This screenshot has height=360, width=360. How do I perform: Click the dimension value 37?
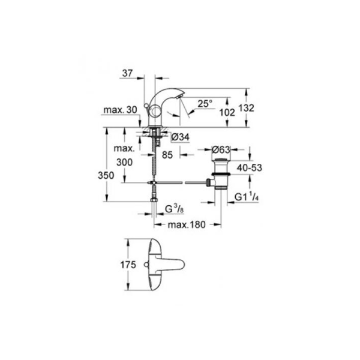click(x=127, y=73)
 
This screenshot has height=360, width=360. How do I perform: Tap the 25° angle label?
click(x=205, y=104)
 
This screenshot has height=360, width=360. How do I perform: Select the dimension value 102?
click(x=227, y=113)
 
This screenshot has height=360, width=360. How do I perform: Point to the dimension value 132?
click(x=247, y=108)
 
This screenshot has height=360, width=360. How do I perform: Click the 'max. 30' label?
click(x=120, y=110)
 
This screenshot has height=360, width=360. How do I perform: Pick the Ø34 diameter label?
click(x=181, y=137)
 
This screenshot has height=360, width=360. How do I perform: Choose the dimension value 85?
click(x=167, y=155)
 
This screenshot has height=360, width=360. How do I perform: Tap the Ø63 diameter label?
click(x=221, y=149)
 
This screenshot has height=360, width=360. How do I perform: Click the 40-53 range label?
click(x=250, y=168)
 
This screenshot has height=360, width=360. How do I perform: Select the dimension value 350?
click(x=106, y=175)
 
